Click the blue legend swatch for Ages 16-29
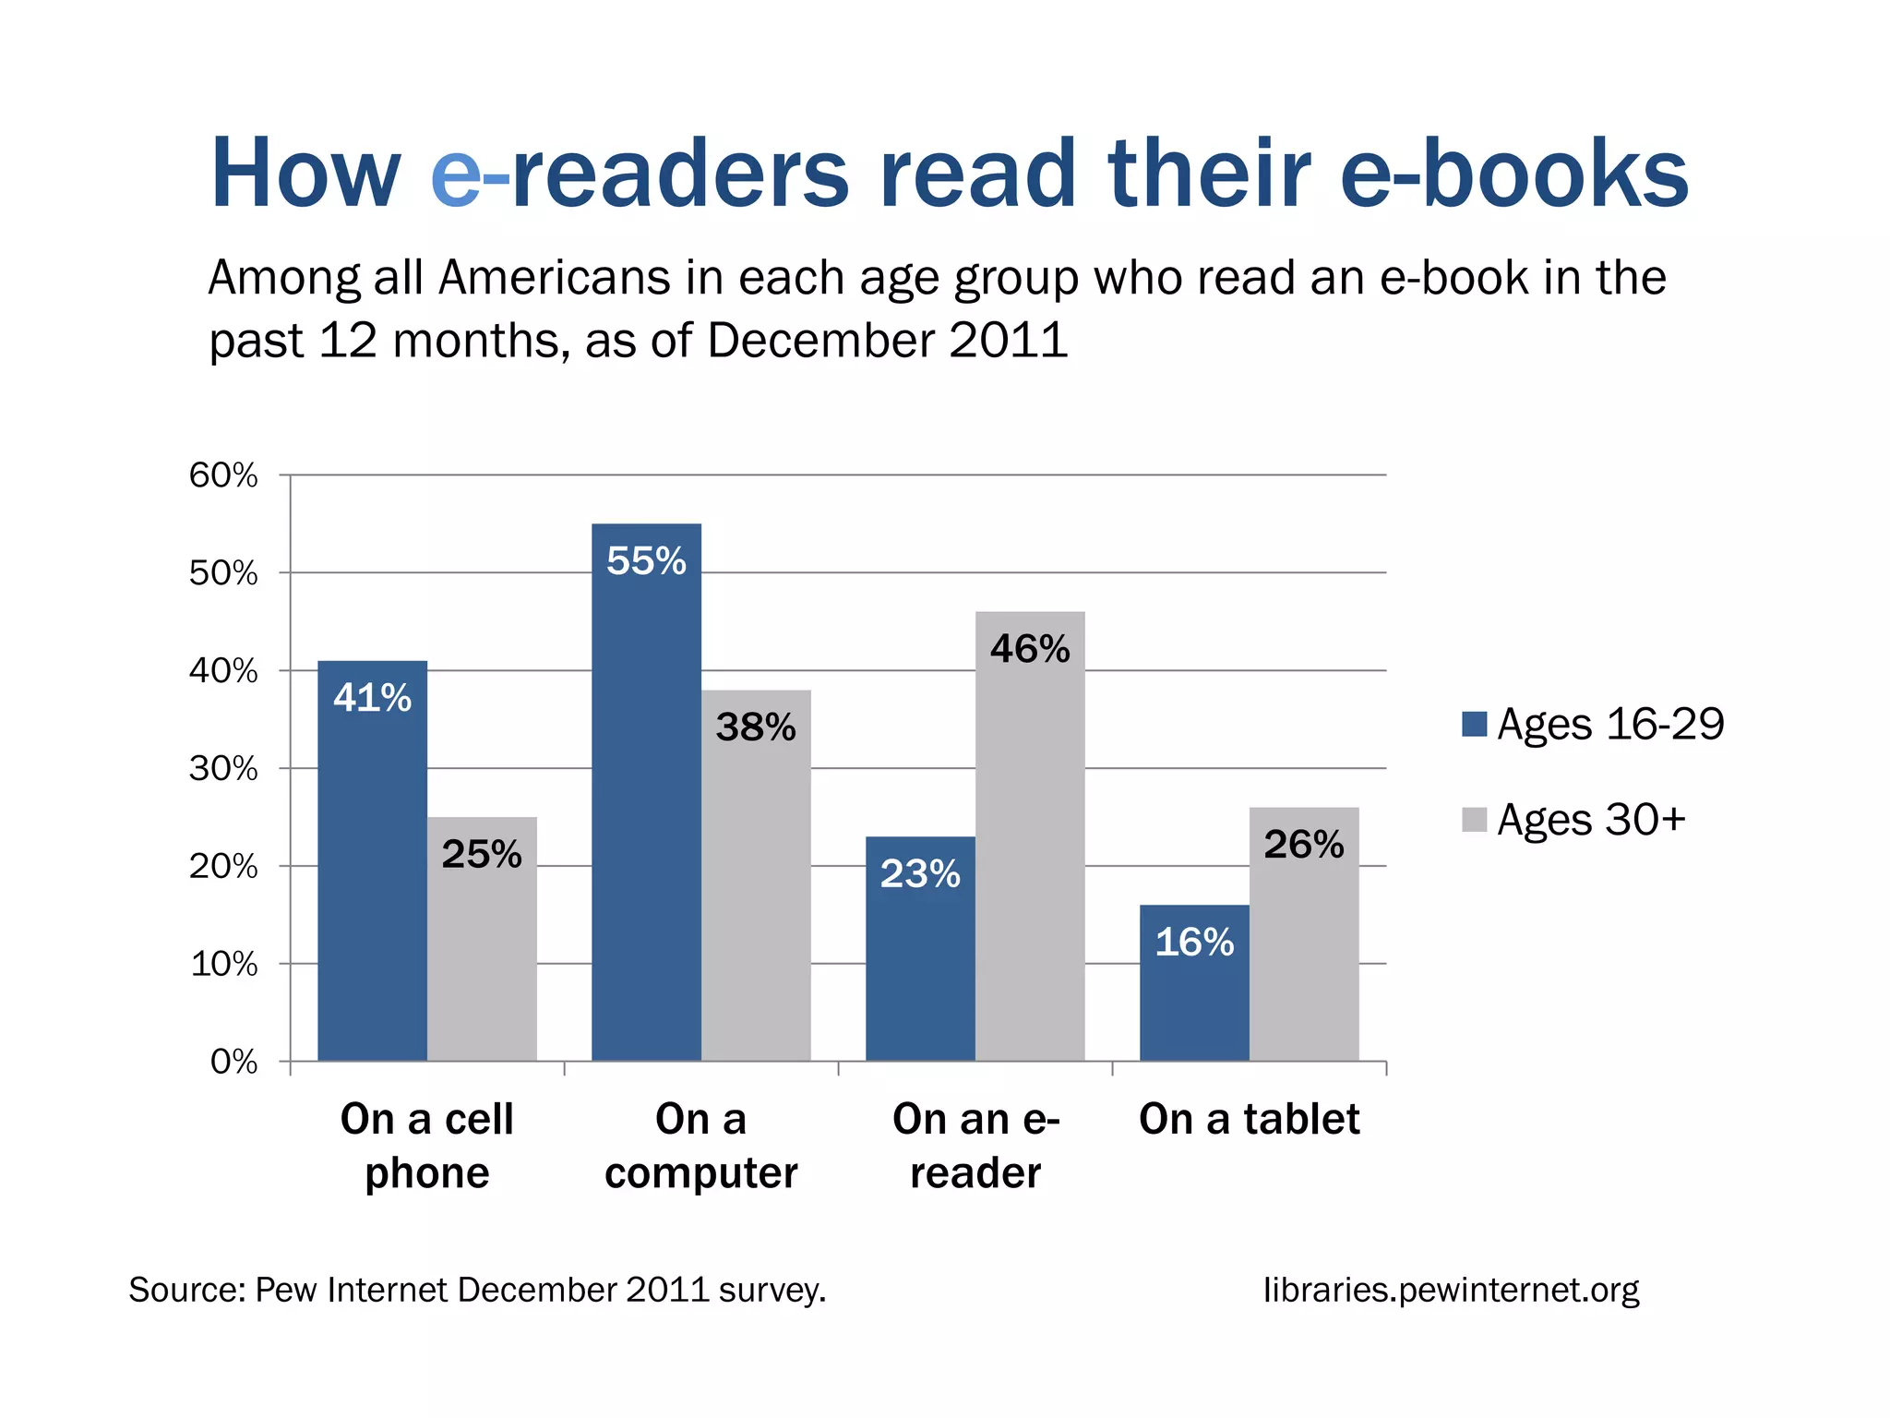[1474, 725]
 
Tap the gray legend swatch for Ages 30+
[1474, 820]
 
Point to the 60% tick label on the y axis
[223, 475]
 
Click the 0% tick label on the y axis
[233, 1062]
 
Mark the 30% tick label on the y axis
[223, 768]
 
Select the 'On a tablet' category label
[1249, 1119]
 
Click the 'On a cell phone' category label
[426, 1146]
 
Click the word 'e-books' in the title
[1513, 174]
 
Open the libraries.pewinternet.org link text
[1451, 1290]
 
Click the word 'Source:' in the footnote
[186, 1290]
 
